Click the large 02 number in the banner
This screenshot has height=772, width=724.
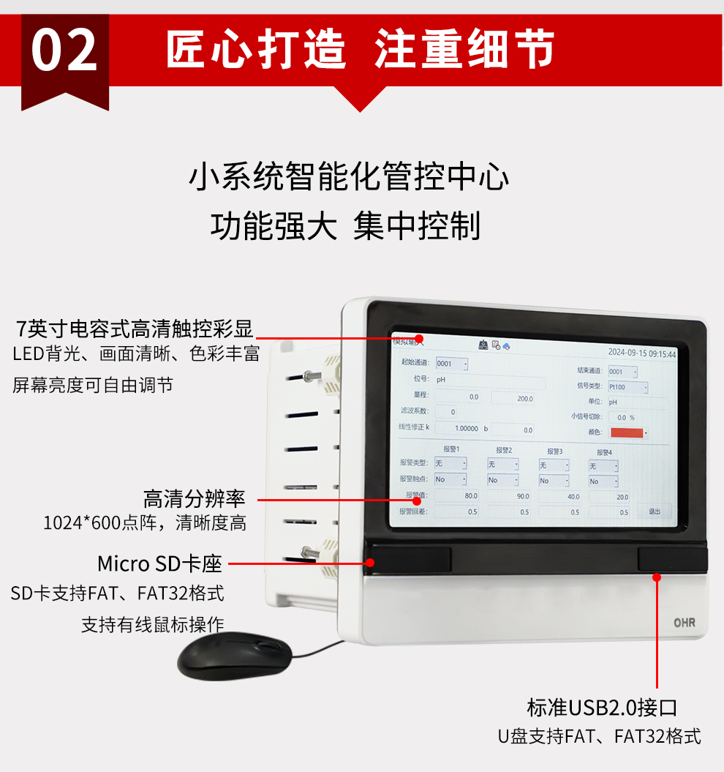[x=64, y=50]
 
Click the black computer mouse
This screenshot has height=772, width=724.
[x=234, y=655]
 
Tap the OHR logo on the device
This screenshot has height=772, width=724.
[x=684, y=623]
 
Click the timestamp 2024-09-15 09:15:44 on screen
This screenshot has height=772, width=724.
[x=641, y=353]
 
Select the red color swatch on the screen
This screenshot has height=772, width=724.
[x=626, y=432]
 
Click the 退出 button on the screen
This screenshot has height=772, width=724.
[x=654, y=511]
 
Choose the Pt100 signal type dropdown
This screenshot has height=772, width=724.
[x=627, y=387]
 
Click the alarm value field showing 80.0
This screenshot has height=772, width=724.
[x=458, y=495]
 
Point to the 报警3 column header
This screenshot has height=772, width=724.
[x=555, y=451]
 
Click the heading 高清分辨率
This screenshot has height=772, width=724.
[x=195, y=500]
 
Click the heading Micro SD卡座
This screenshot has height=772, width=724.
[x=159, y=564]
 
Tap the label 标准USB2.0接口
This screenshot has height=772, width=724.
[x=602, y=708]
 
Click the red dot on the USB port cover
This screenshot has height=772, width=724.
[x=657, y=577]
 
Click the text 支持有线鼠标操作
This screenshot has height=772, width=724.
[x=152, y=624]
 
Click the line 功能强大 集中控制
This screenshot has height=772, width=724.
[x=345, y=227]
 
